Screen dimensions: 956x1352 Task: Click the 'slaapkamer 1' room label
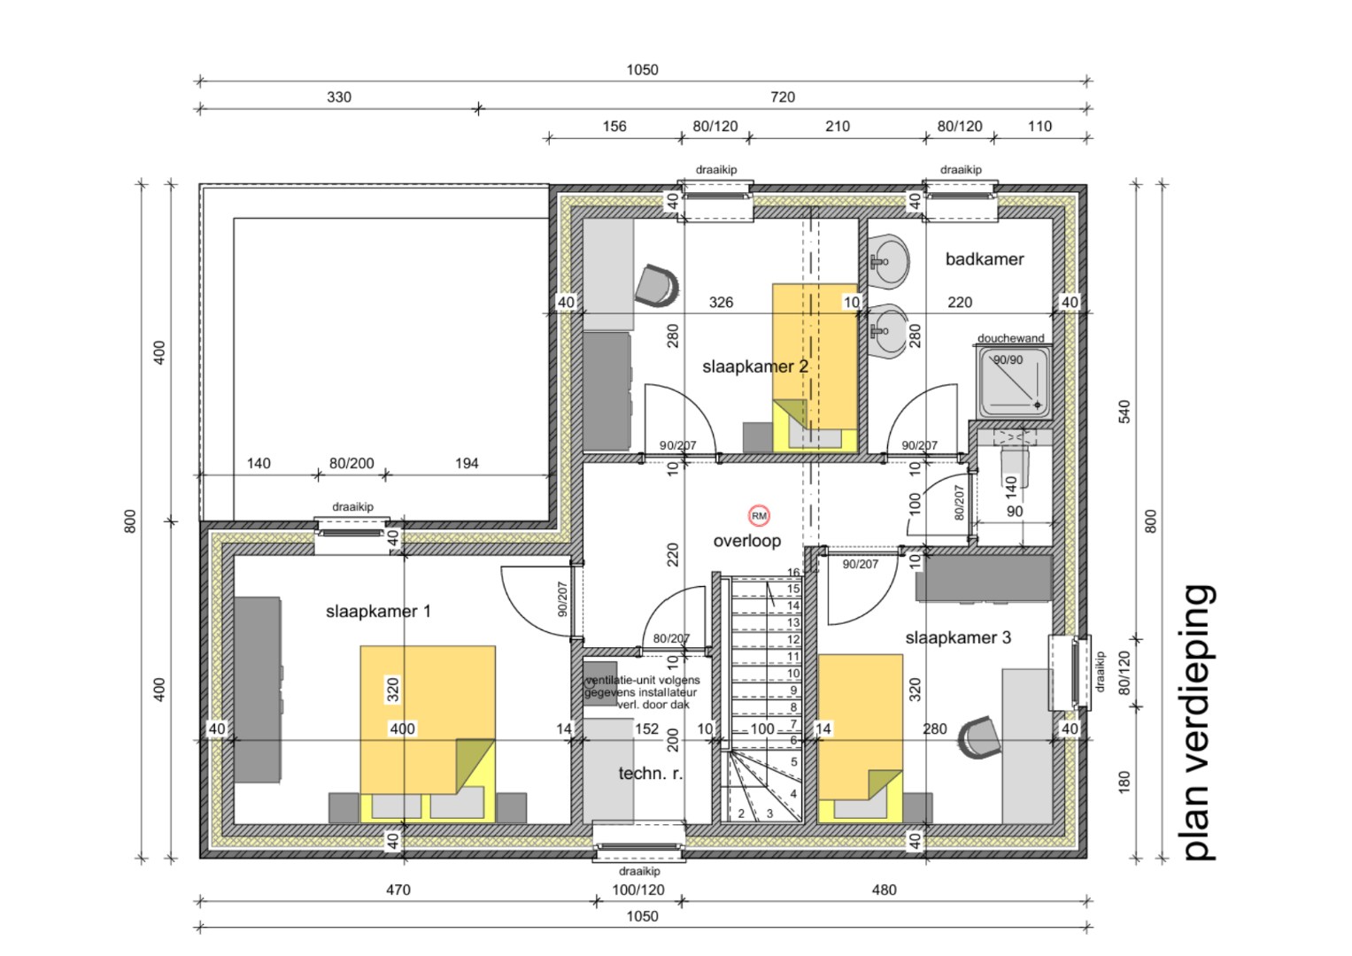tap(378, 612)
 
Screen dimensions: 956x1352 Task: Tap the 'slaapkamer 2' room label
tap(754, 366)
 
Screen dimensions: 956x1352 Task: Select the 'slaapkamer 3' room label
tap(957, 637)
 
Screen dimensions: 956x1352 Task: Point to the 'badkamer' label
tap(984, 259)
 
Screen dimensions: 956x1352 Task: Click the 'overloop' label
tap(747, 541)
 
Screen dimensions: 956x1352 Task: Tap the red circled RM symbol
tap(759, 516)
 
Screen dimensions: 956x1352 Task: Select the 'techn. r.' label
tap(650, 774)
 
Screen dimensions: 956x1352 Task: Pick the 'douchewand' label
tap(1010, 338)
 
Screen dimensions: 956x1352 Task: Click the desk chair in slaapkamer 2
tap(657, 284)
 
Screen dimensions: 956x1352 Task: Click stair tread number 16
tap(793, 574)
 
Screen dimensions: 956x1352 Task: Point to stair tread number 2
tap(741, 813)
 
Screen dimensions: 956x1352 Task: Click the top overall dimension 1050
tap(642, 70)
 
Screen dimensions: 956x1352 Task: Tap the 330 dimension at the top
tap(339, 97)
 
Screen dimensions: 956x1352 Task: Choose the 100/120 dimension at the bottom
tap(638, 890)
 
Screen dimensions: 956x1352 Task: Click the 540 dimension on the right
tap(1124, 412)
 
